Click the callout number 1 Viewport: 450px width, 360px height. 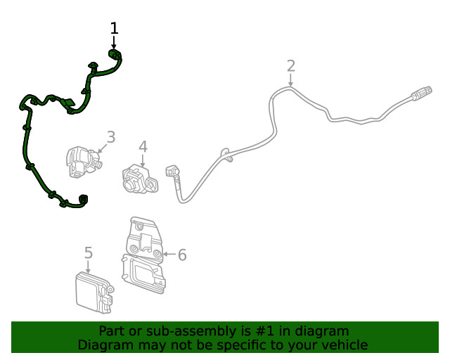114,28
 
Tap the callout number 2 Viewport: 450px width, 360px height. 291,66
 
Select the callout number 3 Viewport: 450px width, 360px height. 111,137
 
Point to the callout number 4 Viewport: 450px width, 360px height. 143,147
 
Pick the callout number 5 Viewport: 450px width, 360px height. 89,252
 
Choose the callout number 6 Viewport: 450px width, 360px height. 182,255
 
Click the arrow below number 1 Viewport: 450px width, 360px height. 114,42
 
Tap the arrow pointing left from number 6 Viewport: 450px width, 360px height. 169,254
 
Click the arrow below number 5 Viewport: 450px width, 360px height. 88,266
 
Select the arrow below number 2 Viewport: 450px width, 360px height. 290,80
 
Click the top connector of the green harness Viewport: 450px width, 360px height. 114,53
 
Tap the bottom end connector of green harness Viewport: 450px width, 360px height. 83,199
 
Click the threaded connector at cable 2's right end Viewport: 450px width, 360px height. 422,93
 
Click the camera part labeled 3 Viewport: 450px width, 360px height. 84,162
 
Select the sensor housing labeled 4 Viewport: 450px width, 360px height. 140,179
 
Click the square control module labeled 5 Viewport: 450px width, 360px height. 94,292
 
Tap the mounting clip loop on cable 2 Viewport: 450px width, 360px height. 226,154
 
